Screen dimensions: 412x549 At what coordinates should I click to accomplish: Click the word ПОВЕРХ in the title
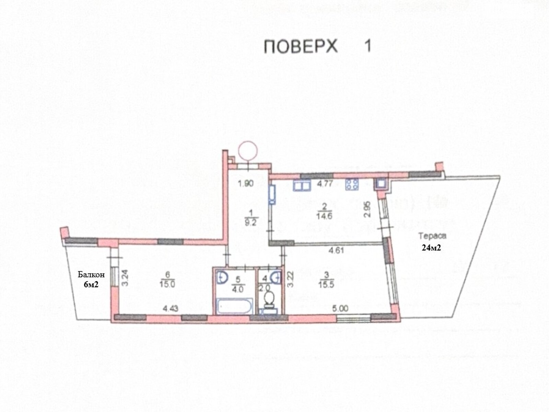[301, 46]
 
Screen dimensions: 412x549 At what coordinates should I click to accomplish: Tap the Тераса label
[432, 236]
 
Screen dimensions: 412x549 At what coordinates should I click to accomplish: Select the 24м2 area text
[431, 248]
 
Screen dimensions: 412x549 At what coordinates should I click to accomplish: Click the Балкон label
[91, 275]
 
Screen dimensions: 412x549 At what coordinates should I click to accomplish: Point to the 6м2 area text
[91, 284]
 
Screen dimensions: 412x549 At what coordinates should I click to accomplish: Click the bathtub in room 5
[235, 306]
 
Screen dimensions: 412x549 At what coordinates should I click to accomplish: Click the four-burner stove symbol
[352, 184]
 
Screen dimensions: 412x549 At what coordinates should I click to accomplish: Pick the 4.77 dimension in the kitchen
[325, 184]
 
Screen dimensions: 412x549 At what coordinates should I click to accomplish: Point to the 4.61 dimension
[336, 250]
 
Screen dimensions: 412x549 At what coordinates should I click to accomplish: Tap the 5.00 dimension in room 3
[340, 309]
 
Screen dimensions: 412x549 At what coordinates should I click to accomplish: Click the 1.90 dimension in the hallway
[246, 184]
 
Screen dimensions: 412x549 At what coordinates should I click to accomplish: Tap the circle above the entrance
[248, 150]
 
